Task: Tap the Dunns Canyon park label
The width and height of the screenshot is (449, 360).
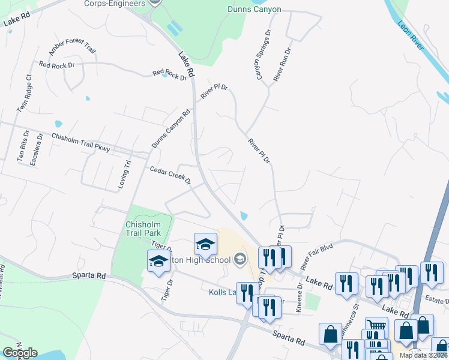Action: tap(255, 9)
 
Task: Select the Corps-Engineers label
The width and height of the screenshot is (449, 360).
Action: tap(123, 3)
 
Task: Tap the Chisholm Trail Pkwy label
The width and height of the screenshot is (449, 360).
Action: tap(80, 143)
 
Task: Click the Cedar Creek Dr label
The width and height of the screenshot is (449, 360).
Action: tap(170, 175)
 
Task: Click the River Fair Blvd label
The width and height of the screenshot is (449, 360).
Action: tap(317, 255)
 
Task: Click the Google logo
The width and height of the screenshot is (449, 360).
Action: tap(20, 353)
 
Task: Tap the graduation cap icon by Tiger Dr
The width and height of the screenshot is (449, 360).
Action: tap(158, 261)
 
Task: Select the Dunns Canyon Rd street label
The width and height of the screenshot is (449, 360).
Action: tap(170, 128)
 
